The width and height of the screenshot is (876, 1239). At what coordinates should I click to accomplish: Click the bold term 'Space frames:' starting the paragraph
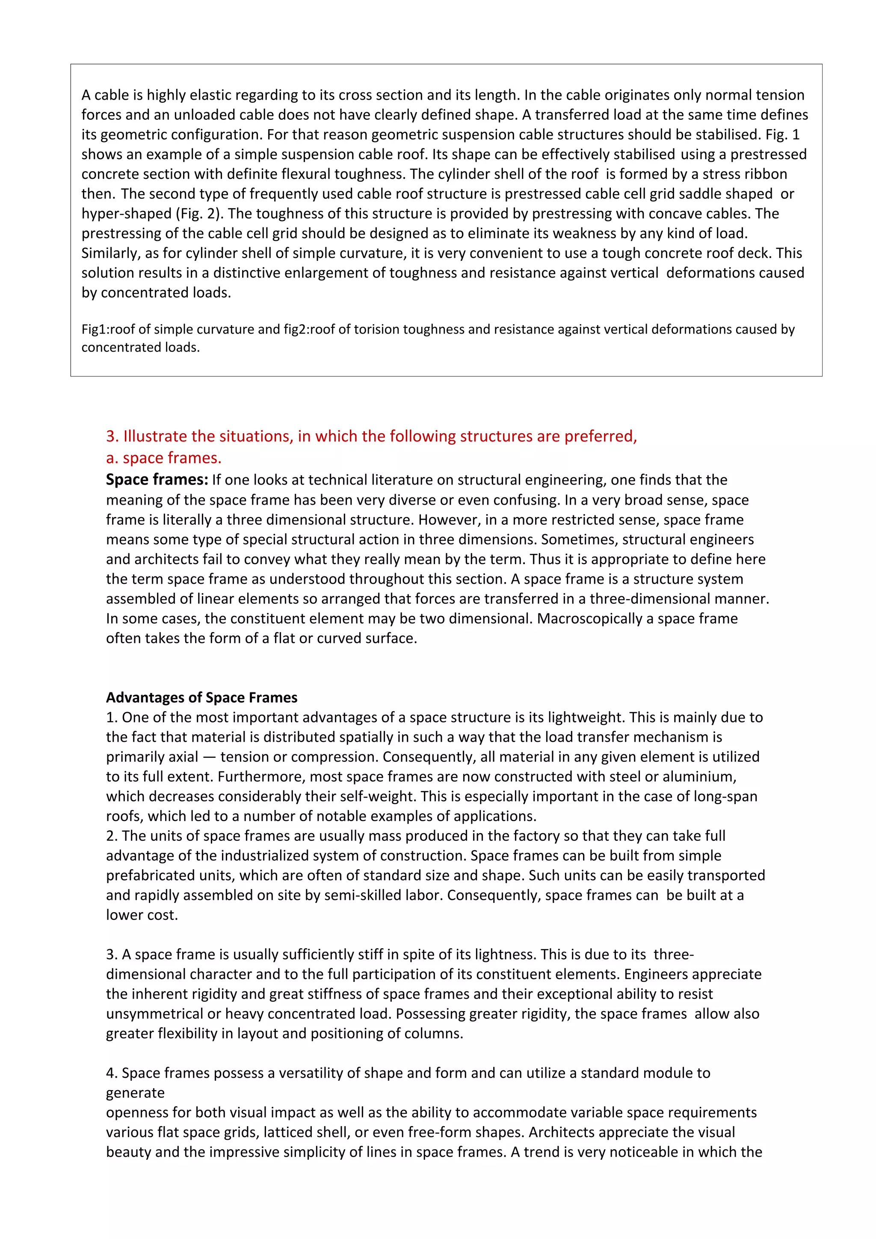(x=157, y=480)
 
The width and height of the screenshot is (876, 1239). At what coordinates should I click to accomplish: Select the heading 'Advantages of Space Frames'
(x=201, y=698)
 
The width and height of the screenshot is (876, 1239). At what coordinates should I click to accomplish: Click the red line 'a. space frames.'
(x=163, y=458)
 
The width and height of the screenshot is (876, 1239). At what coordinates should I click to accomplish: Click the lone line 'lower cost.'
(x=142, y=915)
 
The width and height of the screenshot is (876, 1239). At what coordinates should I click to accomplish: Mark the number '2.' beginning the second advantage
(x=112, y=836)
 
